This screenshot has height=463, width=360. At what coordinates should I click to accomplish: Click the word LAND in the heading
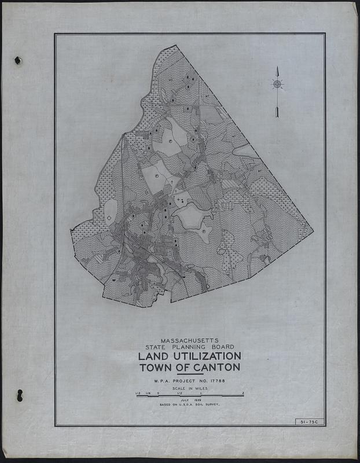pos(152,356)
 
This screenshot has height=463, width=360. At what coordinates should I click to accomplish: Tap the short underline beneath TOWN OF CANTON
pos(190,375)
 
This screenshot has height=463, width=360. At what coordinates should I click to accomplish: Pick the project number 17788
pos(214,381)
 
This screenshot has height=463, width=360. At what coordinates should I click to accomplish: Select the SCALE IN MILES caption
pos(189,389)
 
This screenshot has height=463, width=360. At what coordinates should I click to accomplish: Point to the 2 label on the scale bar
pos(243,393)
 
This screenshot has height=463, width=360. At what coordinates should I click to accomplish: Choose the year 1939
pos(197,400)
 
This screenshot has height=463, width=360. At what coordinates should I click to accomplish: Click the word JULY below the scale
pos(184,400)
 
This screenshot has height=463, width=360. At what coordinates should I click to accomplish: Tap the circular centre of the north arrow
pos(277,84)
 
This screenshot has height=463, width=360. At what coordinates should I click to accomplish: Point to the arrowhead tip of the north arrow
pos(277,68)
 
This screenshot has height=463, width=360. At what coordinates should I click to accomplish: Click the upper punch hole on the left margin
pos(18,60)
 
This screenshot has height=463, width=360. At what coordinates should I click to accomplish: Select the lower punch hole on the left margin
pos(19,396)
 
